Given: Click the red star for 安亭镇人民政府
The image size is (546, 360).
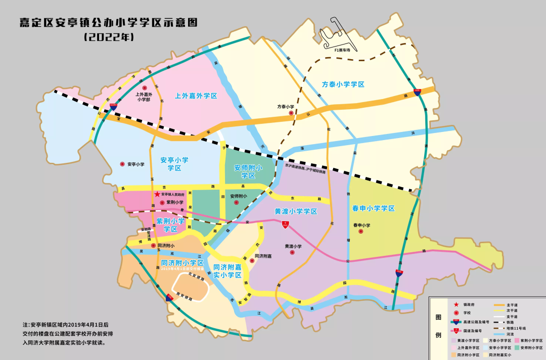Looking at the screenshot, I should pos(157,194).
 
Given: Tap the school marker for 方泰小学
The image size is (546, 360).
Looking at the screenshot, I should pos(291,113).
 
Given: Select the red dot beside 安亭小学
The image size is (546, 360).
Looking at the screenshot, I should pos(122,164).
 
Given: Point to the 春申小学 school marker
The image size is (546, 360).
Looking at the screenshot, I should pos(361,232).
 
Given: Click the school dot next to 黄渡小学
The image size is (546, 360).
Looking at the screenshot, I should pos(292,252).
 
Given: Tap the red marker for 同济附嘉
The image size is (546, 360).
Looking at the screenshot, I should pos(251,261).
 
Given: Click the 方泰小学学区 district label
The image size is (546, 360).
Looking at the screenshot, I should pos(343,84).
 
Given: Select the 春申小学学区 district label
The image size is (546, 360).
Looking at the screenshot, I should pos(373,208).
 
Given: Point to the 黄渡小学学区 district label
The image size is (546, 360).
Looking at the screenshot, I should pos(296,211).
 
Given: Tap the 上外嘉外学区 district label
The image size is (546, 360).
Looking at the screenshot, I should pos(196,96).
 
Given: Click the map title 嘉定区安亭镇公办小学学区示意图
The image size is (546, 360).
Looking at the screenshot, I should pos(108,22).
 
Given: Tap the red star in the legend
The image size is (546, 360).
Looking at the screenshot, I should pos(456,304).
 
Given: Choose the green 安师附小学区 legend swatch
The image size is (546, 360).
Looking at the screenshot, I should pos(517,348).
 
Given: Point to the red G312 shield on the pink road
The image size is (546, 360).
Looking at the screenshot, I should pos(285,223).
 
